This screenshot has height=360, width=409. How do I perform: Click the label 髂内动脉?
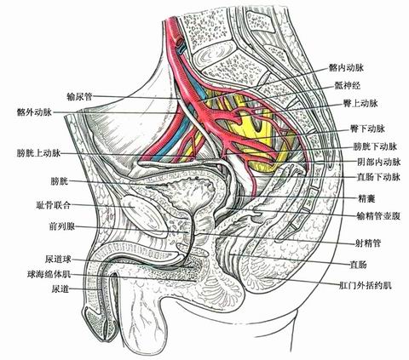point(346,67)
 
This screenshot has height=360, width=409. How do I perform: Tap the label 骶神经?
point(348,85)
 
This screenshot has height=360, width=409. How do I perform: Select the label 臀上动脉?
point(360,104)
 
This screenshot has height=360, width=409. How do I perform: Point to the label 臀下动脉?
point(367,129)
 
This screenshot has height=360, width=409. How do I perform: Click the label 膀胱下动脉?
point(375,146)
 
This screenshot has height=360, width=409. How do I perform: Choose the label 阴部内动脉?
point(378,162)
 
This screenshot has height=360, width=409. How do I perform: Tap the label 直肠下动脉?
point(378,177)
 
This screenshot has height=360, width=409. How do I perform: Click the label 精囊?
point(366,198)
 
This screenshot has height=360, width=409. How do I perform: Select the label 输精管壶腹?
point(378,216)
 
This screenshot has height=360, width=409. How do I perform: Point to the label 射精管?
point(368,243)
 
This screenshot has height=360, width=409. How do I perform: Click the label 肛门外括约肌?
point(366,285)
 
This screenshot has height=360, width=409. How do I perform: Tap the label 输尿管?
point(79,96)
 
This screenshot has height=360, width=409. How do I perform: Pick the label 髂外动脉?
point(34,112)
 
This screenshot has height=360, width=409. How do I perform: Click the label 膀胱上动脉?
point(38,153)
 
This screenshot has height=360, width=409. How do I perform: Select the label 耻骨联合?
point(53,205)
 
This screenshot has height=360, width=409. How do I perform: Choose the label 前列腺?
point(62,226)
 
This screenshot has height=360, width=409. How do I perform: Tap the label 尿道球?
point(58,259)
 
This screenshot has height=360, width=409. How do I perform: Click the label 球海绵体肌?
point(49,274)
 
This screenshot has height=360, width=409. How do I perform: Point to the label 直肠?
point(358,265)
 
